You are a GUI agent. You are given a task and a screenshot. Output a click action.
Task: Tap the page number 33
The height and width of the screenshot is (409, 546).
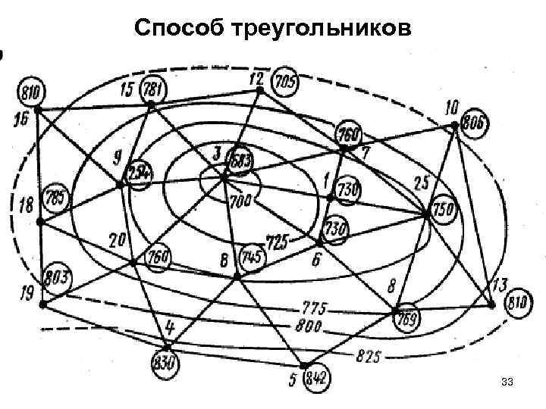507,386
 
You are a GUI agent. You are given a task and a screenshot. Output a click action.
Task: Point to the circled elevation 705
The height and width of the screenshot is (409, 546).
285,81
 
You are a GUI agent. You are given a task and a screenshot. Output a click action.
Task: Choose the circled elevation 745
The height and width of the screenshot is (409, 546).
252,258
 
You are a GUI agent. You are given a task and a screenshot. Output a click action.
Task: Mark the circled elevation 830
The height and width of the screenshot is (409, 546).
164,361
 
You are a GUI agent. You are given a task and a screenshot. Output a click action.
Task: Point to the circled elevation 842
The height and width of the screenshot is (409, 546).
315,379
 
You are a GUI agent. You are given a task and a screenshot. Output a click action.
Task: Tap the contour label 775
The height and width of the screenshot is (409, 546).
312,309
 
